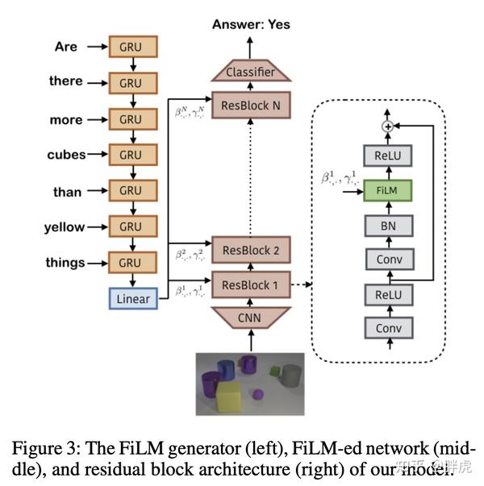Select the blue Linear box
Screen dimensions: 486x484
coord(133,298)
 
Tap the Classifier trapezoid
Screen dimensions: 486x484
coord(249,72)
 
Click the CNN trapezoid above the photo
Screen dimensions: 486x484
coord(249,318)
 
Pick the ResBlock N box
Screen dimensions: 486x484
coord(249,105)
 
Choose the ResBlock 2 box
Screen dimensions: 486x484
coord(249,250)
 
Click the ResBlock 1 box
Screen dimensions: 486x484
coord(249,285)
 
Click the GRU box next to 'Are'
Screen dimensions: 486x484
coord(130,47)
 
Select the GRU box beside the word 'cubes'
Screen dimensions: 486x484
coord(130,155)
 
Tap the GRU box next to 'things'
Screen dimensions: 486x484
coord(130,263)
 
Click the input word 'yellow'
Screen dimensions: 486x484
coord(65,228)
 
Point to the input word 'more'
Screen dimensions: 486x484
coord(66,120)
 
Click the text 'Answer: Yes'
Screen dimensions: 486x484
coord(251,25)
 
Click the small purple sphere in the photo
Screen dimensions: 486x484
coord(258,395)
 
